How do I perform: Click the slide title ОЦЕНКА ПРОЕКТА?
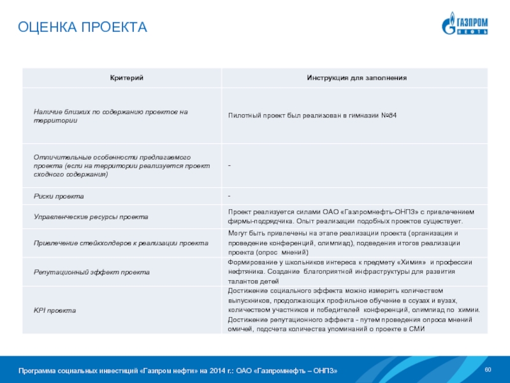tap(82, 27)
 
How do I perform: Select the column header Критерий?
tap(121, 77)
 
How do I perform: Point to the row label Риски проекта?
tap(59, 196)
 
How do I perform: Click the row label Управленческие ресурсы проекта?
tap(91, 217)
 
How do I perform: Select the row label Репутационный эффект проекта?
tap(92, 273)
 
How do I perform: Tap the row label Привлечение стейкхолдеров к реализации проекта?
tap(121, 243)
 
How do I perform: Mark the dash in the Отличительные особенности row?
tap(229, 166)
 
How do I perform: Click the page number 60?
tap(488, 371)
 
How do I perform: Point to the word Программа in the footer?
tap(38, 372)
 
